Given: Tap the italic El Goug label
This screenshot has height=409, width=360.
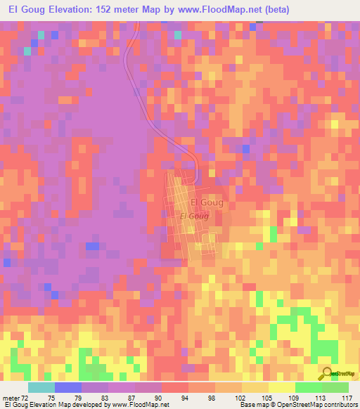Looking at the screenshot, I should [x=194, y=216].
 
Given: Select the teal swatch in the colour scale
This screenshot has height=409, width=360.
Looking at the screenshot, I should [x=41, y=387].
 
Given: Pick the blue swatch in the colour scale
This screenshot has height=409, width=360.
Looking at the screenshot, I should [x=68, y=387].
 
